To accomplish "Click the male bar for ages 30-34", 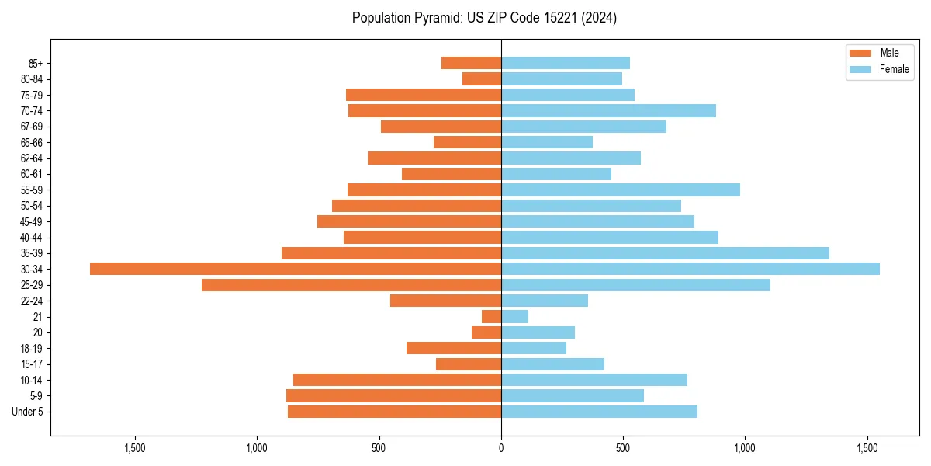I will [296, 269].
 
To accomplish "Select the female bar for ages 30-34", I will [690, 269].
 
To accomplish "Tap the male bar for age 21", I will [492, 317].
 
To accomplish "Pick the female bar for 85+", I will [566, 63].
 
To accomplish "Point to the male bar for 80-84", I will [482, 79].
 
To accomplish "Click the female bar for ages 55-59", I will [621, 190].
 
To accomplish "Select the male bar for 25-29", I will [351, 285].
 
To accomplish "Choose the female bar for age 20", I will [538, 332].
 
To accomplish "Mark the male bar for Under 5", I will [394, 412].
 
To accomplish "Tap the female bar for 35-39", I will [665, 253].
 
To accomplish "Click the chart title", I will [484, 18].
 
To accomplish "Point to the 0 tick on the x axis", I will [501, 448].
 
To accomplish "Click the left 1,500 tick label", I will [135, 448].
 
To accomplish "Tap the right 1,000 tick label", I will [745, 448].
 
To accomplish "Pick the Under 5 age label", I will [27, 412].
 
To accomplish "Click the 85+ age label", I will [36, 63].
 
